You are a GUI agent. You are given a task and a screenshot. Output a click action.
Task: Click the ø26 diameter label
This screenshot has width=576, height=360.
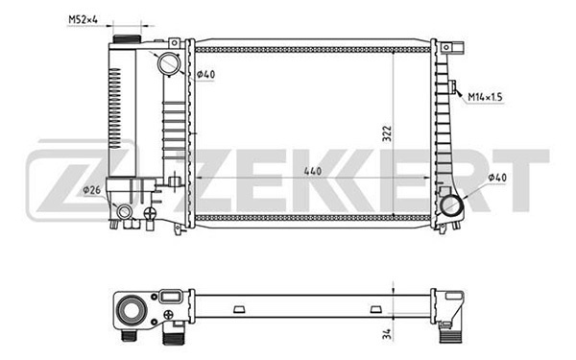click(x=93, y=190)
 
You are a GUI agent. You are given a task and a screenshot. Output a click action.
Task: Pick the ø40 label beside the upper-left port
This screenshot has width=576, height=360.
click(x=206, y=76)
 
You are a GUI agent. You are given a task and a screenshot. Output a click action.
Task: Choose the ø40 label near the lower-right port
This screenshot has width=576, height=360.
click(x=498, y=179)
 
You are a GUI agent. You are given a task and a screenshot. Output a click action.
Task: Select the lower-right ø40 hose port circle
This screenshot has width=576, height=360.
click(x=451, y=204)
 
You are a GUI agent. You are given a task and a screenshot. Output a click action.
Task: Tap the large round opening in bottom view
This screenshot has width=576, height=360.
click(x=132, y=310)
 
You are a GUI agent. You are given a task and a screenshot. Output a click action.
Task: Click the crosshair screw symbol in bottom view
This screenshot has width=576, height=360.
click(x=171, y=311)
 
